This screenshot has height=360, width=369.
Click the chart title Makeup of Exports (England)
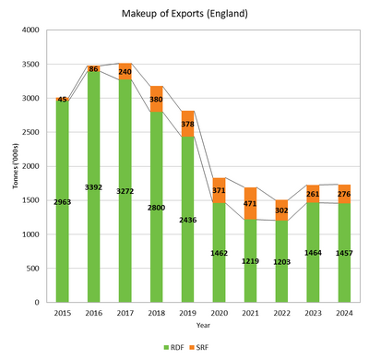tap(184, 14)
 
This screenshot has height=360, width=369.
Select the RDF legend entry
tap(171, 346)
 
